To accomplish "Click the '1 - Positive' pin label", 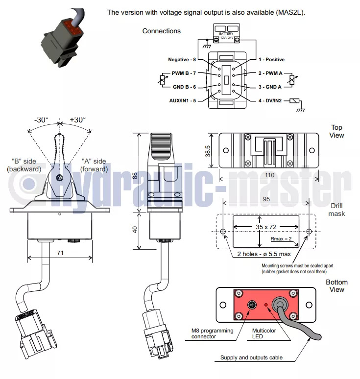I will click(271, 60).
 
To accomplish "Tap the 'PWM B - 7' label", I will click(184, 73).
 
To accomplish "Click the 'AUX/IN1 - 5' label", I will click(182, 101).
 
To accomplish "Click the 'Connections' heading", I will click(161, 31).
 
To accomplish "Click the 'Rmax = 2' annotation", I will click(281, 239).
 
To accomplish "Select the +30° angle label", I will click(77, 119).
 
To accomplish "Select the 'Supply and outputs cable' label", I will click(251, 358).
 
